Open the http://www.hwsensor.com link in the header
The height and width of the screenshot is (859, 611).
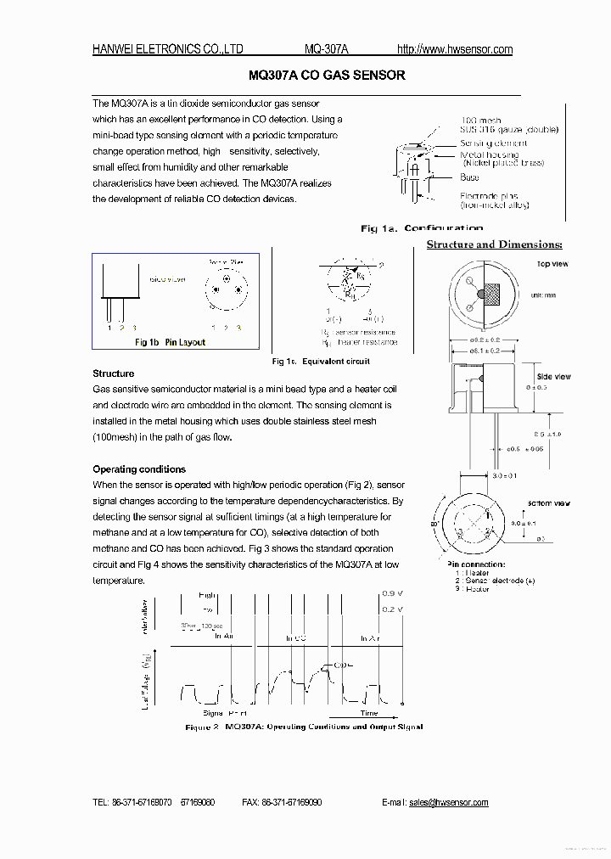pyautogui.click(x=456, y=49)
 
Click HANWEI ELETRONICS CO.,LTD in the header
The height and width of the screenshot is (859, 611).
pyautogui.click(x=168, y=49)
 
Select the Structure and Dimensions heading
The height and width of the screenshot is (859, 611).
pyautogui.click(x=494, y=244)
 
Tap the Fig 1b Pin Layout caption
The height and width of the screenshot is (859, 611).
pyautogui.click(x=171, y=342)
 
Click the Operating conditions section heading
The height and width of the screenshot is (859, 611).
pyautogui.click(x=139, y=469)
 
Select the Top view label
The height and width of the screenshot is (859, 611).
pyautogui.click(x=552, y=264)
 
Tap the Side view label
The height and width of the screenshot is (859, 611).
pyautogui.click(x=554, y=376)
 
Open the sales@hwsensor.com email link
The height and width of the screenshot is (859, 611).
pyautogui.click(x=448, y=802)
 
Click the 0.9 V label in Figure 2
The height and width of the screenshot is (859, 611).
pyautogui.click(x=393, y=593)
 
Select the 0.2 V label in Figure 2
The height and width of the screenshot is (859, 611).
pyautogui.click(x=393, y=609)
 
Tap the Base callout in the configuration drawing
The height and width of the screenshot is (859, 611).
pyautogui.click(x=469, y=177)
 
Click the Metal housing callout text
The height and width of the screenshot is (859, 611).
pyautogui.click(x=489, y=154)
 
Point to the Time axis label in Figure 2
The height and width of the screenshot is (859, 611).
pyautogui.click(x=368, y=714)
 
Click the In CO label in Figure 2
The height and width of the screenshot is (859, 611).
pyautogui.click(x=295, y=637)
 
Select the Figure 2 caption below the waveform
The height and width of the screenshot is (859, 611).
pyautogui.click(x=304, y=727)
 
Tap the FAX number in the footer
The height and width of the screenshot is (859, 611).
pyautogui.click(x=281, y=802)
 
